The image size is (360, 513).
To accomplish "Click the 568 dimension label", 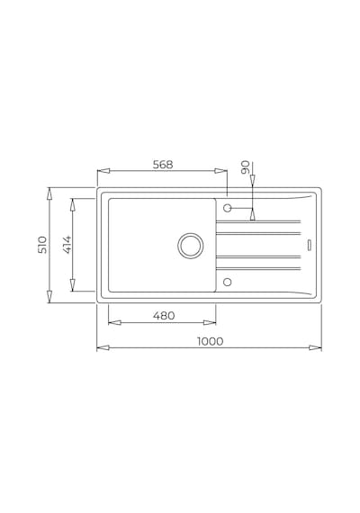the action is point(163,165).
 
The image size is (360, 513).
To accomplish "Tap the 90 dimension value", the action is point(246,166).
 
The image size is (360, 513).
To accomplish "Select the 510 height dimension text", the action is point(42,245).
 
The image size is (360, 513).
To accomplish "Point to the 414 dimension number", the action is point(67,245).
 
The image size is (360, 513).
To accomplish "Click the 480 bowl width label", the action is point(164,316).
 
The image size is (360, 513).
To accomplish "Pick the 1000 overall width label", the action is point(210,341).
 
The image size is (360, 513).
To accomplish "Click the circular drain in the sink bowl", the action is point(191,246).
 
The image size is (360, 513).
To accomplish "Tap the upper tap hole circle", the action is point(227,208).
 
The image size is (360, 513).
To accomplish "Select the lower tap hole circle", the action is point(227,282).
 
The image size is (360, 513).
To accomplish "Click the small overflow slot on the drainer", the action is point(310,246).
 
